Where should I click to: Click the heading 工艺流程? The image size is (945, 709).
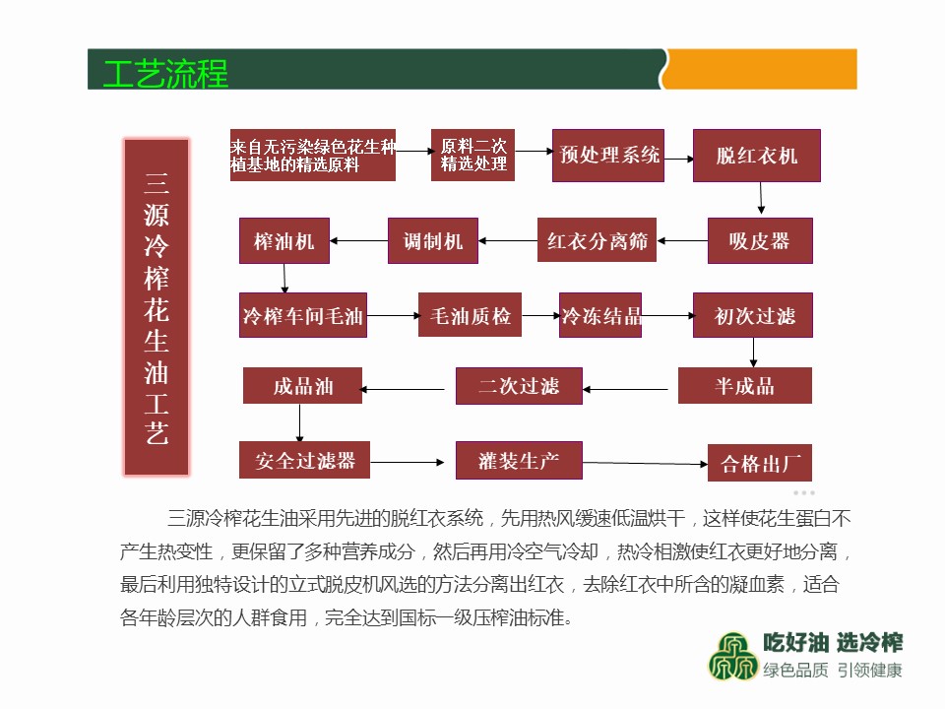(x=165, y=74)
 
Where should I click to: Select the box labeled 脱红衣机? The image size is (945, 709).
(x=756, y=156)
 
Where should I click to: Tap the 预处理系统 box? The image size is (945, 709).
(x=608, y=155)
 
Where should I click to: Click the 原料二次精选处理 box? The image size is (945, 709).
(x=473, y=155)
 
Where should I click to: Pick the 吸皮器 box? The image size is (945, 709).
(x=760, y=241)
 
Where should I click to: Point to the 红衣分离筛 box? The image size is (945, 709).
(x=597, y=240)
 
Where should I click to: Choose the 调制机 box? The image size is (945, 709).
(x=433, y=241)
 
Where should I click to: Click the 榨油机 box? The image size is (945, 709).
(x=283, y=241)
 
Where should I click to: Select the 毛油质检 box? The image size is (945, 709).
(x=471, y=315)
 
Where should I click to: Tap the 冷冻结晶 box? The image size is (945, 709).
(x=600, y=315)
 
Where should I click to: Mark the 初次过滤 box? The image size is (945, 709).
(x=753, y=315)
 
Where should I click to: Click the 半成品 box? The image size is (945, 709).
(x=745, y=386)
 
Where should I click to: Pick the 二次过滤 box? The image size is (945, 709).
(x=519, y=386)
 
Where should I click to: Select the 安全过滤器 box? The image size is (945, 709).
(x=304, y=460)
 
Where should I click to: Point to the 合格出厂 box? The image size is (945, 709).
(x=759, y=463)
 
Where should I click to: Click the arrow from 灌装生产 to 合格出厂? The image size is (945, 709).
(x=645, y=463)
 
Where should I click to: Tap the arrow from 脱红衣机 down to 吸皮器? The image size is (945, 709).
(x=761, y=198)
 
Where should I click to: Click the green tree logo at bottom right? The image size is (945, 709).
(x=732, y=656)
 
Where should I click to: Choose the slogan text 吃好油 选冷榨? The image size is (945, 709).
(x=833, y=643)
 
